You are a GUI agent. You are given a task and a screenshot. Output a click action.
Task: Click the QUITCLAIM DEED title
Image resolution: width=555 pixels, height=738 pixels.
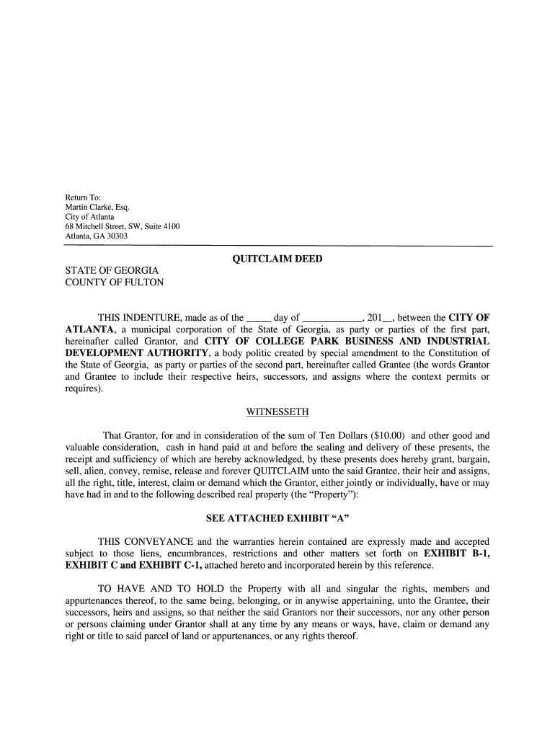277,259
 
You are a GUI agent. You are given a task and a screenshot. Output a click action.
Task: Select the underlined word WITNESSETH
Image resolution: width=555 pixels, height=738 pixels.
277,412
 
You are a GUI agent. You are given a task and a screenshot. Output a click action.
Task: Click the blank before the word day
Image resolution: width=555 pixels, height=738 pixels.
258,317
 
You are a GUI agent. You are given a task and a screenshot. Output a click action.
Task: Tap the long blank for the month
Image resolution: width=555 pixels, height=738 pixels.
332,317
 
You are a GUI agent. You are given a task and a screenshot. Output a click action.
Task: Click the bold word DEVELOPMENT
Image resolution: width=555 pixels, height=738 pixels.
110,352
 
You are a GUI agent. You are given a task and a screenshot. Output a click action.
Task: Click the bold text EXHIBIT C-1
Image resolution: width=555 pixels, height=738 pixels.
162,565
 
